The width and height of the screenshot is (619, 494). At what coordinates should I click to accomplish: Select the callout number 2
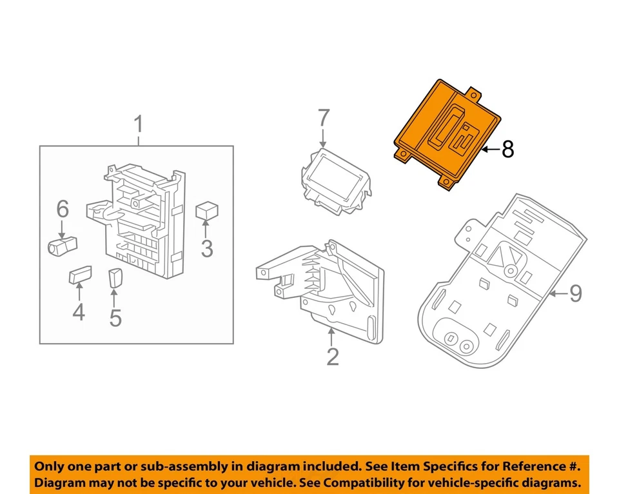(332, 356)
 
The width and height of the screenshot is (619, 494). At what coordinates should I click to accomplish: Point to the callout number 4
(78, 313)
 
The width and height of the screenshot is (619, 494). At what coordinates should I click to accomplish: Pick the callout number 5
(115, 317)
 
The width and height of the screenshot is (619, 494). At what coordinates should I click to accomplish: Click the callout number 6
(62, 208)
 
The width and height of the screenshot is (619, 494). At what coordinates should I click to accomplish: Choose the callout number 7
(323, 119)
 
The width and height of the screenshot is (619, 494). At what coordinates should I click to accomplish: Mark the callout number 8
(508, 150)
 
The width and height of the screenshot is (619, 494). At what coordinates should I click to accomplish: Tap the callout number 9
(575, 293)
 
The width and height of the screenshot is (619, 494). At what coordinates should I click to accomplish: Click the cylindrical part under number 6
(62, 244)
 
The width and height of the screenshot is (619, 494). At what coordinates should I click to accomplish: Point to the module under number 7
(336, 178)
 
